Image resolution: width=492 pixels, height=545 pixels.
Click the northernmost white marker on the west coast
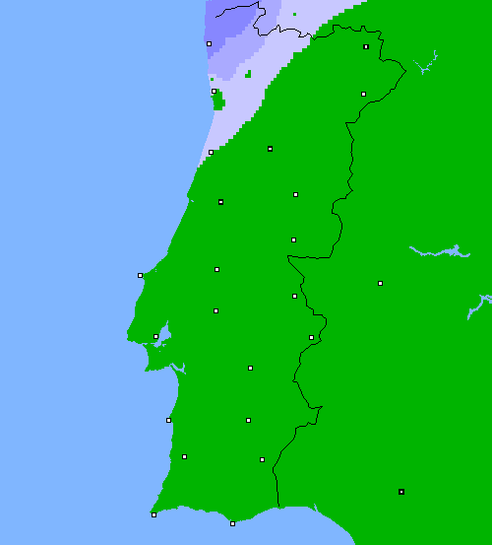click(x=209, y=43)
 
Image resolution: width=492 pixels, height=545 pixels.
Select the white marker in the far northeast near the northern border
click(x=366, y=46)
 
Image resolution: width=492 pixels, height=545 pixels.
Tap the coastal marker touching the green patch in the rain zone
click(x=214, y=91)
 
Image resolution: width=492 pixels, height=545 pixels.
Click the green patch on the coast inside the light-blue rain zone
click(x=218, y=100)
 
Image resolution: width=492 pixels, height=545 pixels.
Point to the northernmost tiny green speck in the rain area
click(x=294, y=14)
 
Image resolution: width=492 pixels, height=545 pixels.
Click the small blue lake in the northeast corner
click(x=425, y=67)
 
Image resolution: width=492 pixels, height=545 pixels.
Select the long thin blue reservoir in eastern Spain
click(x=437, y=251)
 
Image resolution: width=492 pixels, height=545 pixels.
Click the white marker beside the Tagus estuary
click(x=155, y=336)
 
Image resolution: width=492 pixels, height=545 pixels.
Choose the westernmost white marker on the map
click(x=140, y=275)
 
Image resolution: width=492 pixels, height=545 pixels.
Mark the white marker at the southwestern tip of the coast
click(x=154, y=514)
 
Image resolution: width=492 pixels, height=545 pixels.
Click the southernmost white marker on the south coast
click(x=232, y=523)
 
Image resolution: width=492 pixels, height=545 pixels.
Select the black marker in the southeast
click(x=401, y=491)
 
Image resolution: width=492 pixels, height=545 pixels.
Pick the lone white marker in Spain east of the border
click(x=380, y=283)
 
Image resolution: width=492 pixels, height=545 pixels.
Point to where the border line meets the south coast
click(x=278, y=509)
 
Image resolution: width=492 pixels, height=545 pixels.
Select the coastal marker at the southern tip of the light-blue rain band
click(x=211, y=152)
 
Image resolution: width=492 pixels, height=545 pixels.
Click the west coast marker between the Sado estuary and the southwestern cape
click(x=168, y=420)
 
